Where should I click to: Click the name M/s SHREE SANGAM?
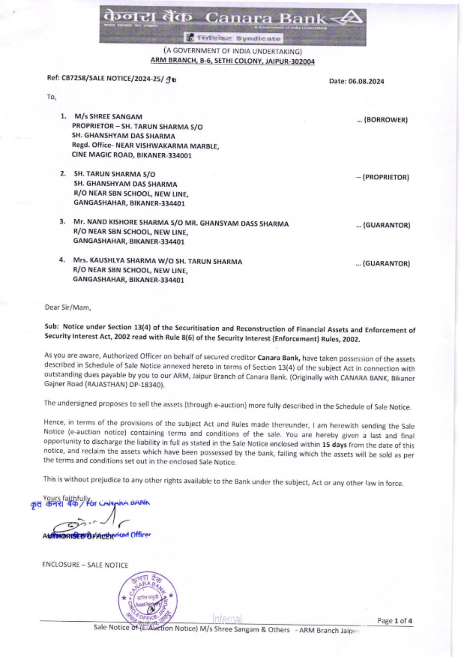coord(108,117)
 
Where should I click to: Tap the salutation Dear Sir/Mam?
coord(68,307)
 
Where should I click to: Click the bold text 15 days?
coord(334,445)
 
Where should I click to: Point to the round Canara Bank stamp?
coord(147,599)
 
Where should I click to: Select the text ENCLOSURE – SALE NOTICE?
coord(85,565)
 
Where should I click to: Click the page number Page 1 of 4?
coord(394,621)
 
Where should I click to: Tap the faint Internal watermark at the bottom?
coord(227,619)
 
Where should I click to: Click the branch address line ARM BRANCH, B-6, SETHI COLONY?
coord(232,61)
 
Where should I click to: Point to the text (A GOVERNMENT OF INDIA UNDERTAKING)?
coord(232,51)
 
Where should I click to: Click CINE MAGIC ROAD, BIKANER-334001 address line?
coord(131,156)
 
